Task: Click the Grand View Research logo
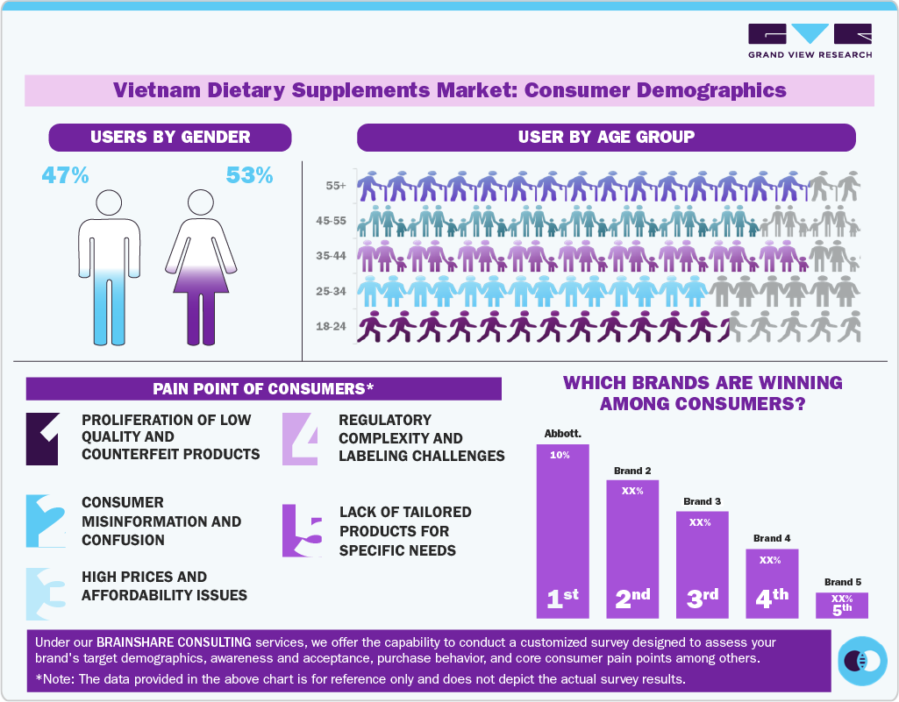810,40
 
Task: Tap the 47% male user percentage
66,175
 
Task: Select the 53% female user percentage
250,175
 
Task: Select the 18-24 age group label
331,327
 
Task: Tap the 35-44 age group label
331,257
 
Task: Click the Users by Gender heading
170,137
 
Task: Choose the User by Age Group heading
606,137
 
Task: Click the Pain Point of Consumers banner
263,388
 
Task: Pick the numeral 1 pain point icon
42,438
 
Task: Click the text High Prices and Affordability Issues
164,586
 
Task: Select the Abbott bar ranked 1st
562,531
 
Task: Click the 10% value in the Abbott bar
560,456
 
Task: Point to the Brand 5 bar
841,605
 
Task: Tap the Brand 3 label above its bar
702,501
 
